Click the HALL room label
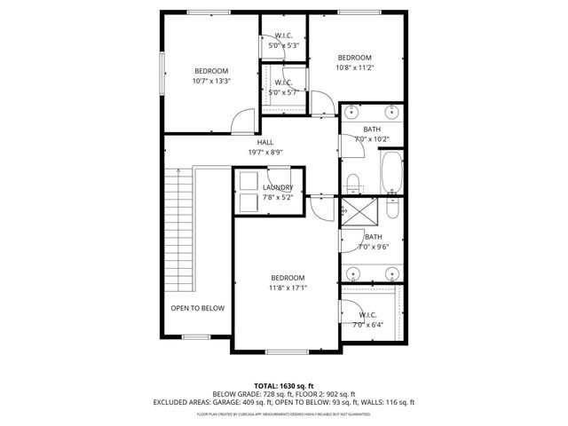coord(265,142)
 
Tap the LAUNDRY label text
coord(278,186)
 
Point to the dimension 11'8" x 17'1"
coord(288,288)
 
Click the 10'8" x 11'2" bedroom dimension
coord(353,67)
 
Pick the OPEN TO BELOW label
coord(197,308)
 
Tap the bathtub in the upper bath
coord(391,171)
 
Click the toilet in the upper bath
coord(352,184)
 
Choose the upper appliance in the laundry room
coord(248,179)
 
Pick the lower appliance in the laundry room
coord(248,202)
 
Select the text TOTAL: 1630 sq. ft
coord(284,385)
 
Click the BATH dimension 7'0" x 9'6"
coord(373,247)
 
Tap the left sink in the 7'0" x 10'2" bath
coord(352,112)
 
